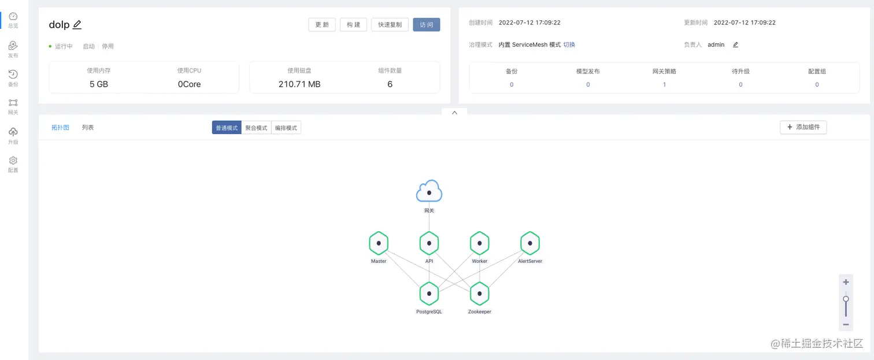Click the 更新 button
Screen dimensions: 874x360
(322, 25)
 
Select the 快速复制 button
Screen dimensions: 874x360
(390, 25)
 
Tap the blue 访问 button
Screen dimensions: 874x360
(427, 25)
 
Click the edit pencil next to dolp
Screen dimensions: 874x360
(77, 25)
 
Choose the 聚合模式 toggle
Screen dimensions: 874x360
(256, 128)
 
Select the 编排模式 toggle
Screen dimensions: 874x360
(286, 128)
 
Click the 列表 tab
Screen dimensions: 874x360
(88, 127)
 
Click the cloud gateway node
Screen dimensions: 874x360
(429, 191)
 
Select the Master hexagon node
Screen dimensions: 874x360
(379, 243)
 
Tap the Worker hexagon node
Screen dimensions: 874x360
(480, 243)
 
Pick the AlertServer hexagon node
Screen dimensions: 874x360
(530, 243)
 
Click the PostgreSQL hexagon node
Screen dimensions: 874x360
(429, 294)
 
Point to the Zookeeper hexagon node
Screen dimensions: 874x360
(480, 294)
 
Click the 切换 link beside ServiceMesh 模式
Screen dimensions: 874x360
(569, 44)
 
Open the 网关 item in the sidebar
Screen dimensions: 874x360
(13, 106)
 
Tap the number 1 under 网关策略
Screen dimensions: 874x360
(664, 84)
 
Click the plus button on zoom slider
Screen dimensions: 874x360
(846, 282)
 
